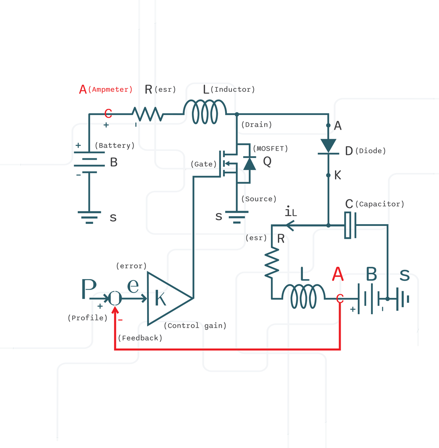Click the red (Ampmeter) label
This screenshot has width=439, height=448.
(110, 90)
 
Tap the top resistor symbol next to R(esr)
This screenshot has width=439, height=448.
(148, 115)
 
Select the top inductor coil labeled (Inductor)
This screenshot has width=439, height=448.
(205, 112)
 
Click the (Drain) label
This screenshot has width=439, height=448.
(256, 125)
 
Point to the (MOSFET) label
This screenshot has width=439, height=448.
(270, 149)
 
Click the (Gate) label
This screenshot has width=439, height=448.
(204, 164)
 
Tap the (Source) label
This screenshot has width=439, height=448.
(259, 199)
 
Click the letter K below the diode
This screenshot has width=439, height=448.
(337, 176)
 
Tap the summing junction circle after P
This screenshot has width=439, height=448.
(115, 298)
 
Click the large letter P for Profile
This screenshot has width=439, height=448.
(89, 290)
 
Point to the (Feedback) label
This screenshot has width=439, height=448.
(140, 338)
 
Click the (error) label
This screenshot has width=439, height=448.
(131, 266)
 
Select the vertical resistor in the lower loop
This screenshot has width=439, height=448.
(272, 262)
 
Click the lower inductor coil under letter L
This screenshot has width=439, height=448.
(303, 296)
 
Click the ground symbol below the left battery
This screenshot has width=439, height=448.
(89, 217)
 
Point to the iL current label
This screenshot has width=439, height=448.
(291, 212)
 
